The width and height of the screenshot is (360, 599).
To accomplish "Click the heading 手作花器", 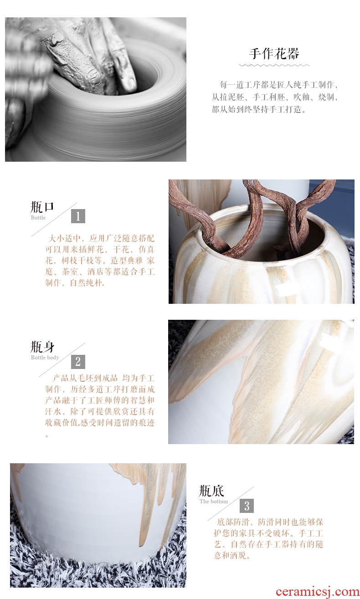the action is pos(274,53).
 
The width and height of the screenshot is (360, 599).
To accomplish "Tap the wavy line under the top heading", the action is pos(274,65).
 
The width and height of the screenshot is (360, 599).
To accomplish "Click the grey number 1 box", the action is pos(78,216).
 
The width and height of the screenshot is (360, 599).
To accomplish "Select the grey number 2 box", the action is pos(78,362).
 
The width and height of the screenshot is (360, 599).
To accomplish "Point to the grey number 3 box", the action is pos(247,506).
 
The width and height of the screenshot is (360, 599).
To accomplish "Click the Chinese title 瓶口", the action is pos(42,207).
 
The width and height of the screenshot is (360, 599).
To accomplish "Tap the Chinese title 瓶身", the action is pos(42,347).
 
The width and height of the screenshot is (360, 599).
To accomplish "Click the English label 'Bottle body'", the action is pos(45,358).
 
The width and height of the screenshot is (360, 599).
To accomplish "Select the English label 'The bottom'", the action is pos(214,502).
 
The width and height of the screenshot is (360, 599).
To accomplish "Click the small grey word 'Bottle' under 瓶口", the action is pos(38,218).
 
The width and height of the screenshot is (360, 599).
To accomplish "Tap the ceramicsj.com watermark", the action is pos(318,592).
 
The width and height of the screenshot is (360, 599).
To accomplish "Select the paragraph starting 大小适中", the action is pos(99,261).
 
